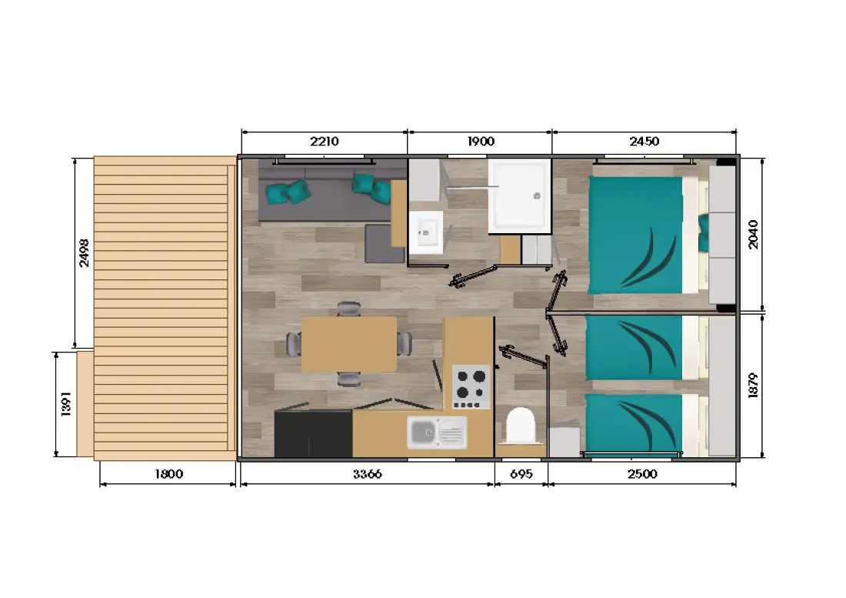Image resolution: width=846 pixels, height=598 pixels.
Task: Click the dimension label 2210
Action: pos(325,142)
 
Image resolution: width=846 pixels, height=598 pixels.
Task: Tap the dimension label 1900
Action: pos(481,142)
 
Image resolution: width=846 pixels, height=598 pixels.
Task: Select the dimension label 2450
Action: pos(644,142)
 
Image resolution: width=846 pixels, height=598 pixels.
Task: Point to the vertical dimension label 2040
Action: pos(753,234)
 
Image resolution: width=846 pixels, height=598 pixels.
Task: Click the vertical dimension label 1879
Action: pos(753,386)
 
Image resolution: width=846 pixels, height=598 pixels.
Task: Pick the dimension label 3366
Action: pos(368,474)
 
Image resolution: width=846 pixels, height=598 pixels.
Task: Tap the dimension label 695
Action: pos(521,474)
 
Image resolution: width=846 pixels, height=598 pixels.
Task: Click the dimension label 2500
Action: pos(643,474)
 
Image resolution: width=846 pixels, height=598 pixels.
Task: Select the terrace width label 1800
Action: pos(169,474)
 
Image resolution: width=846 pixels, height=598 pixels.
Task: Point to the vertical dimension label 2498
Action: pos(84,252)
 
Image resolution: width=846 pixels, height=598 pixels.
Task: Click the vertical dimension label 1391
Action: pos(66,404)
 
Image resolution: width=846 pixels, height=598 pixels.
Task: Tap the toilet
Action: pos(521,426)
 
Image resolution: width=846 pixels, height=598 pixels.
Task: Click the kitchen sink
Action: pos(437,433)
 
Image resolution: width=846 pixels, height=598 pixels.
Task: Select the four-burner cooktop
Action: pos(471,387)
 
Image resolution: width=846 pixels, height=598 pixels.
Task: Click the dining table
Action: pos(349,344)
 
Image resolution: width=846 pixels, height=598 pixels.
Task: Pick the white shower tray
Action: pos(520,196)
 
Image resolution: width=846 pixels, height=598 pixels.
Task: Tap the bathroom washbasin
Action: pos(426,232)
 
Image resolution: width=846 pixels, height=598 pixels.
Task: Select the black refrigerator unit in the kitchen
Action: pos(314,434)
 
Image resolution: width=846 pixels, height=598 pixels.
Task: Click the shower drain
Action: pos(537,196)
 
